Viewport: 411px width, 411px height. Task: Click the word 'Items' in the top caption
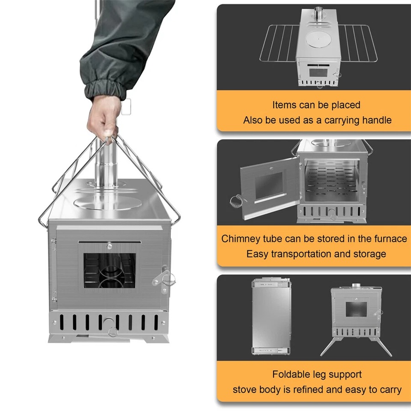pyautogui.click(x=284, y=105)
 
